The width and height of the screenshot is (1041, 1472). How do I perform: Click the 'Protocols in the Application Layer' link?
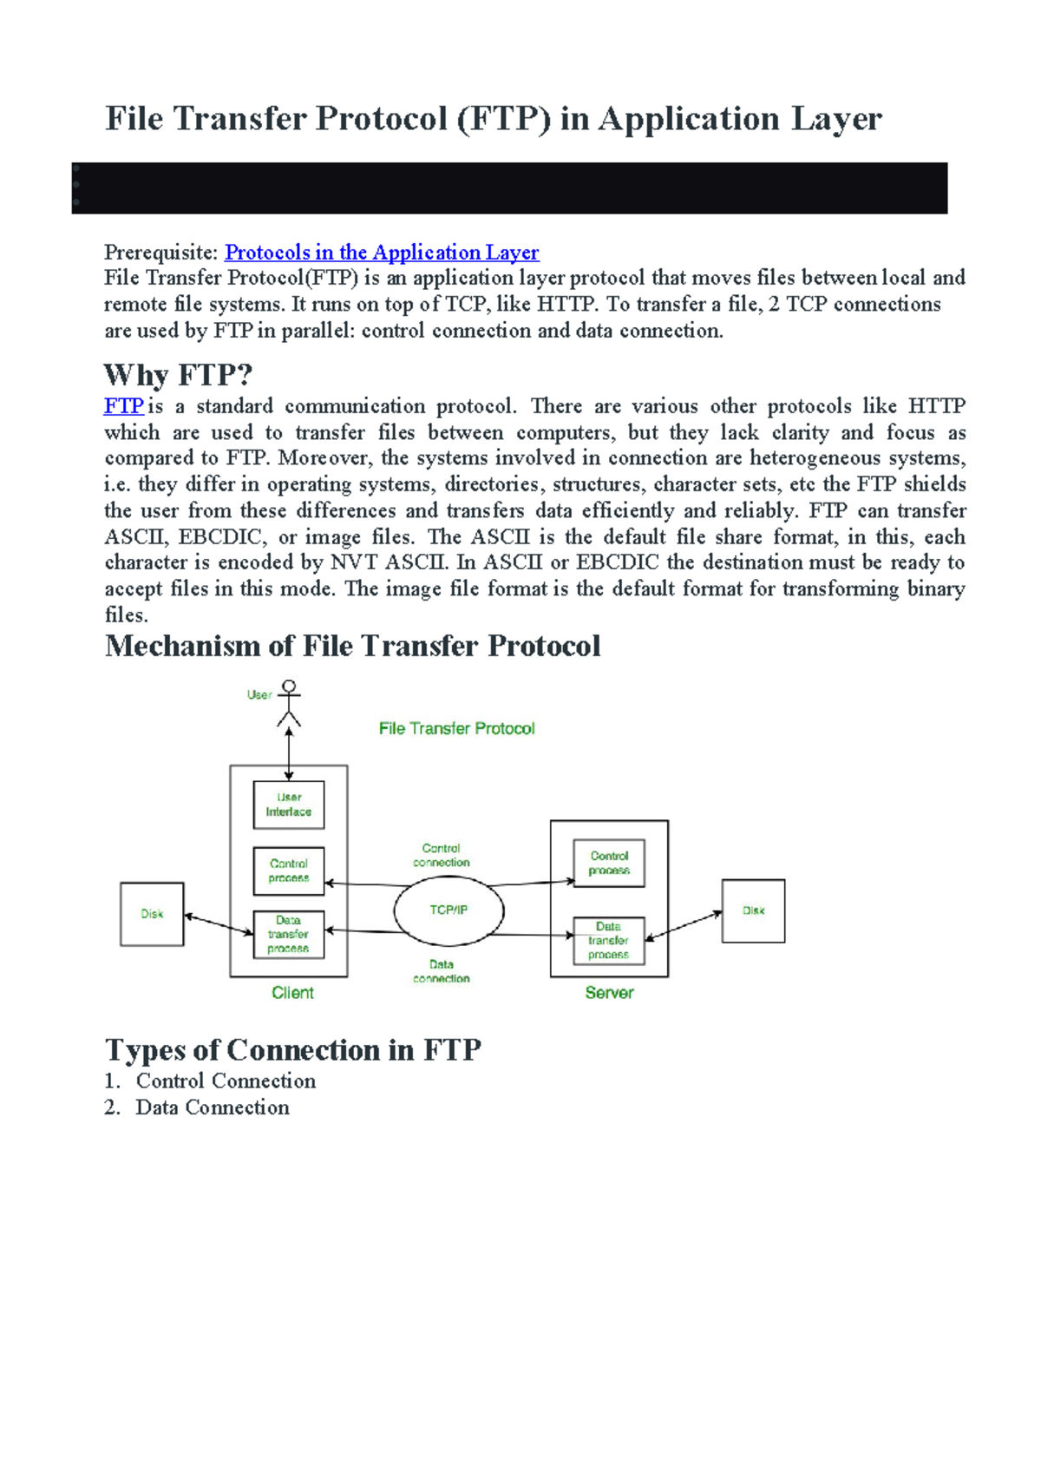382,253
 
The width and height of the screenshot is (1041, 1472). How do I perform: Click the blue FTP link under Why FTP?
123,406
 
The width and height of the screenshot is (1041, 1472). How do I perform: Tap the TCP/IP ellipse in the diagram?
448,910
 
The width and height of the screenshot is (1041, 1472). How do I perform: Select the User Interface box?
289,805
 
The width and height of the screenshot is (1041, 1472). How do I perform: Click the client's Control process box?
289,871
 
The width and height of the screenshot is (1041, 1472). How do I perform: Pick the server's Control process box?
609,863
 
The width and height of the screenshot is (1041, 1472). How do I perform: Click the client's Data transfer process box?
289,934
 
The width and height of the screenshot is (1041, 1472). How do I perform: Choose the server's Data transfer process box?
609,941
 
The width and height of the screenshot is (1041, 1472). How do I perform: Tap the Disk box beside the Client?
152,914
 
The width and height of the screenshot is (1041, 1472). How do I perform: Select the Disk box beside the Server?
753,910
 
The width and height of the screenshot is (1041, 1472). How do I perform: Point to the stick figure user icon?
289,704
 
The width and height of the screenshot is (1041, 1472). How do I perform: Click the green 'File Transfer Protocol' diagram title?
456,729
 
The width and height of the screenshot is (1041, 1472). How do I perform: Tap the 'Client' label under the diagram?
292,993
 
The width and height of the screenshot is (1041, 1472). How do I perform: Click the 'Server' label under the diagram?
609,993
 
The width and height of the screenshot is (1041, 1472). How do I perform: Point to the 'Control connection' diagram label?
441,855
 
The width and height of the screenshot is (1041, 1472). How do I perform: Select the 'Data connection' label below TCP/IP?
441,971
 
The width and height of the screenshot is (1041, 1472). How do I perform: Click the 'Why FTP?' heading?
178,375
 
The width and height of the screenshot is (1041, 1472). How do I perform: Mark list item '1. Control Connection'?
210,1081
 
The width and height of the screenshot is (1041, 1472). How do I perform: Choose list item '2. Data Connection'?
197,1107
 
